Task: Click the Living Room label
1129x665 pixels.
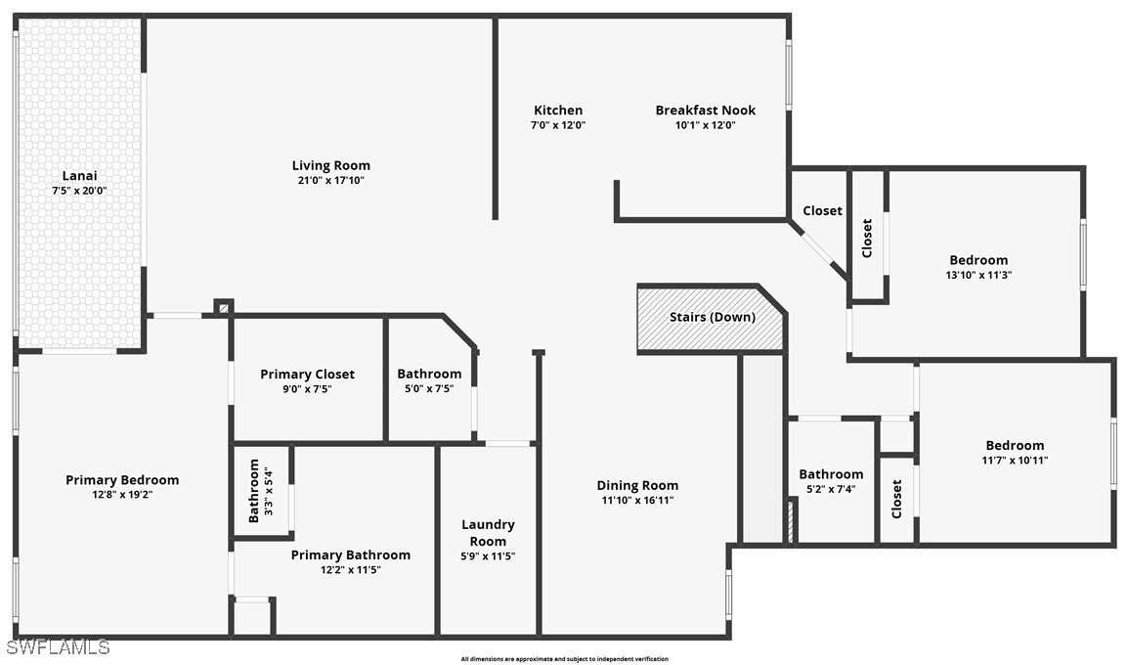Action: pyautogui.click(x=331, y=165)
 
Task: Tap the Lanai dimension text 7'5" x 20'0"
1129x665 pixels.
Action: pyautogui.click(x=79, y=191)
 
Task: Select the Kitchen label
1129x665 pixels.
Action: pyautogui.click(x=558, y=111)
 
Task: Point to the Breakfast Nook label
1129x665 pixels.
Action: pyautogui.click(x=706, y=111)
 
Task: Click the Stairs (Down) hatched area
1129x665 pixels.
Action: pyautogui.click(x=710, y=319)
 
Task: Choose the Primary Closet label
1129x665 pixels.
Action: pyautogui.click(x=308, y=374)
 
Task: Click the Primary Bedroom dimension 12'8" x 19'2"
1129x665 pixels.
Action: pyautogui.click(x=122, y=495)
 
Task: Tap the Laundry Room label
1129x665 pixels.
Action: pyautogui.click(x=488, y=532)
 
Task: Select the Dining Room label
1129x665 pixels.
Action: pyautogui.click(x=637, y=485)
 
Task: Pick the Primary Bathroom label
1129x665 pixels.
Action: pyautogui.click(x=351, y=554)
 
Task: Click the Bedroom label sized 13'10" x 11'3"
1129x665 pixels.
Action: pyautogui.click(x=978, y=260)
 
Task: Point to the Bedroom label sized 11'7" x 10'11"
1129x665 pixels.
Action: pyautogui.click(x=1015, y=445)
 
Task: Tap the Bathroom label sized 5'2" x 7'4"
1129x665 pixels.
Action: pyautogui.click(x=831, y=474)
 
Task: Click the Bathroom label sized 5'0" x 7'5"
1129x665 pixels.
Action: pyautogui.click(x=429, y=374)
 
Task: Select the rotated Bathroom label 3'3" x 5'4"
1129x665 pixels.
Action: pyautogui.click(x=253, y=491)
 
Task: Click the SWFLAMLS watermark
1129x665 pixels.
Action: pyautogui.click(x=56, y=647)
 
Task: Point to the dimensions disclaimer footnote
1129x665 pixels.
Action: pyautogui.click(x=565, y=658)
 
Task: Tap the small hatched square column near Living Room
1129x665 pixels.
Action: pyautogui.click(x=224, y=308)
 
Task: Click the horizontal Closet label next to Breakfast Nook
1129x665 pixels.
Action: pyautogui.click(x=822, y=210)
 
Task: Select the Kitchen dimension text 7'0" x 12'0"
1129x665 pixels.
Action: pyautogui.click(x=558, y=125)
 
